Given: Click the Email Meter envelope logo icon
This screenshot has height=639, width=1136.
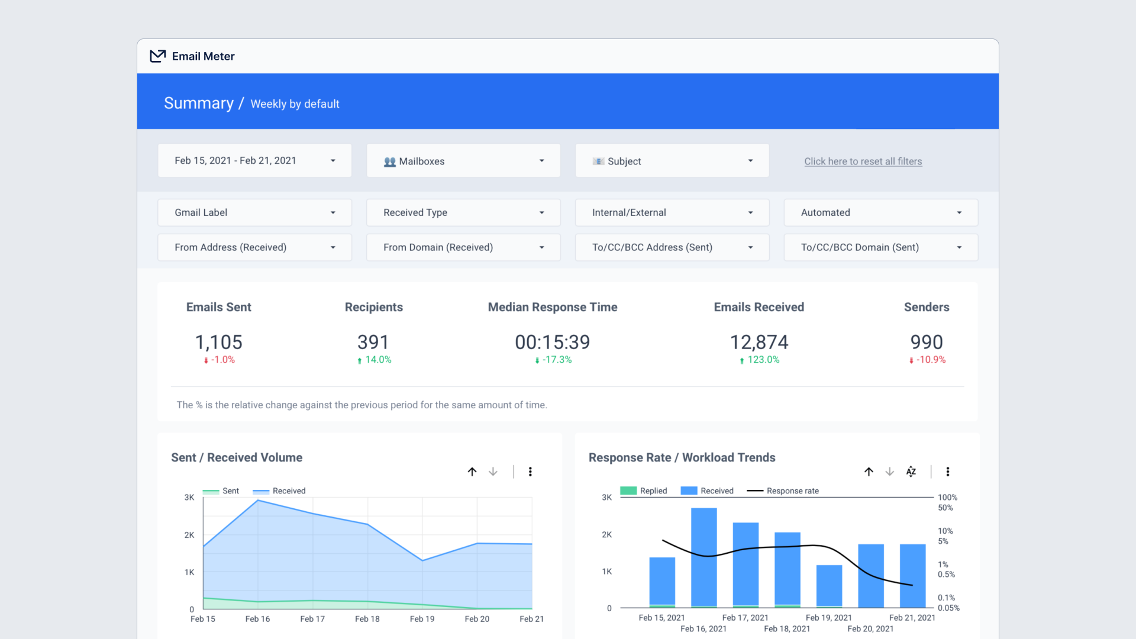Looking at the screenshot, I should (x=157, y=56).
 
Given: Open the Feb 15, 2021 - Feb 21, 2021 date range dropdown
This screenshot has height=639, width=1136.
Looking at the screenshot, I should (x=254, y=160).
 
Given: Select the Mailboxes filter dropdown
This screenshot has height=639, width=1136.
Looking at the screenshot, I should (x=463, y=161).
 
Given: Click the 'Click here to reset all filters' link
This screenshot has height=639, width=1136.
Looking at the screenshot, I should (x=863, y=161).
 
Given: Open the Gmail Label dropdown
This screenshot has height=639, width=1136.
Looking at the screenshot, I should (x=254, y=212).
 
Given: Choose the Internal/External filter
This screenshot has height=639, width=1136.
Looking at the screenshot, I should (x=672, y=212).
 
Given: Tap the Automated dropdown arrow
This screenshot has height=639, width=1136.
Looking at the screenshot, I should (x=958, y=212).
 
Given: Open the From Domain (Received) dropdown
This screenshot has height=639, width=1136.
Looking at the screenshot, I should (x=463, y=247).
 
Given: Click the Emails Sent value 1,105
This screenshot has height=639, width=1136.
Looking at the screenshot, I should (x=218, y=342).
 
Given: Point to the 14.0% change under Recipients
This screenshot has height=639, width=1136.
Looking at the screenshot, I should (x=377, y=360).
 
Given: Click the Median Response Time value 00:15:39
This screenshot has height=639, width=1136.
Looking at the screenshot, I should (x=552, y=342).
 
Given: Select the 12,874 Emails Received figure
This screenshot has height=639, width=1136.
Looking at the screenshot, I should (x=759, y=342).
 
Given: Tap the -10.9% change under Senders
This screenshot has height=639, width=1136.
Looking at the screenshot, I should (x=930, y=360).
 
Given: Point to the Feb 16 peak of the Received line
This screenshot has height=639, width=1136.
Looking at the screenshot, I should (x=258, y=501).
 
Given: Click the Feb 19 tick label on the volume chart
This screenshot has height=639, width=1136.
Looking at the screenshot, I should (x=422, y=619).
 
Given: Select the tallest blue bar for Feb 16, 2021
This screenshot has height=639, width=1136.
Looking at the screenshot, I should (x=703, y=556).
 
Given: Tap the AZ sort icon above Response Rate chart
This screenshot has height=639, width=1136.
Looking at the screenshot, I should (x=911, y=472).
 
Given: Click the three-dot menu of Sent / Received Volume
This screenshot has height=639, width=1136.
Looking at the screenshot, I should (x=530, y=472).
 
